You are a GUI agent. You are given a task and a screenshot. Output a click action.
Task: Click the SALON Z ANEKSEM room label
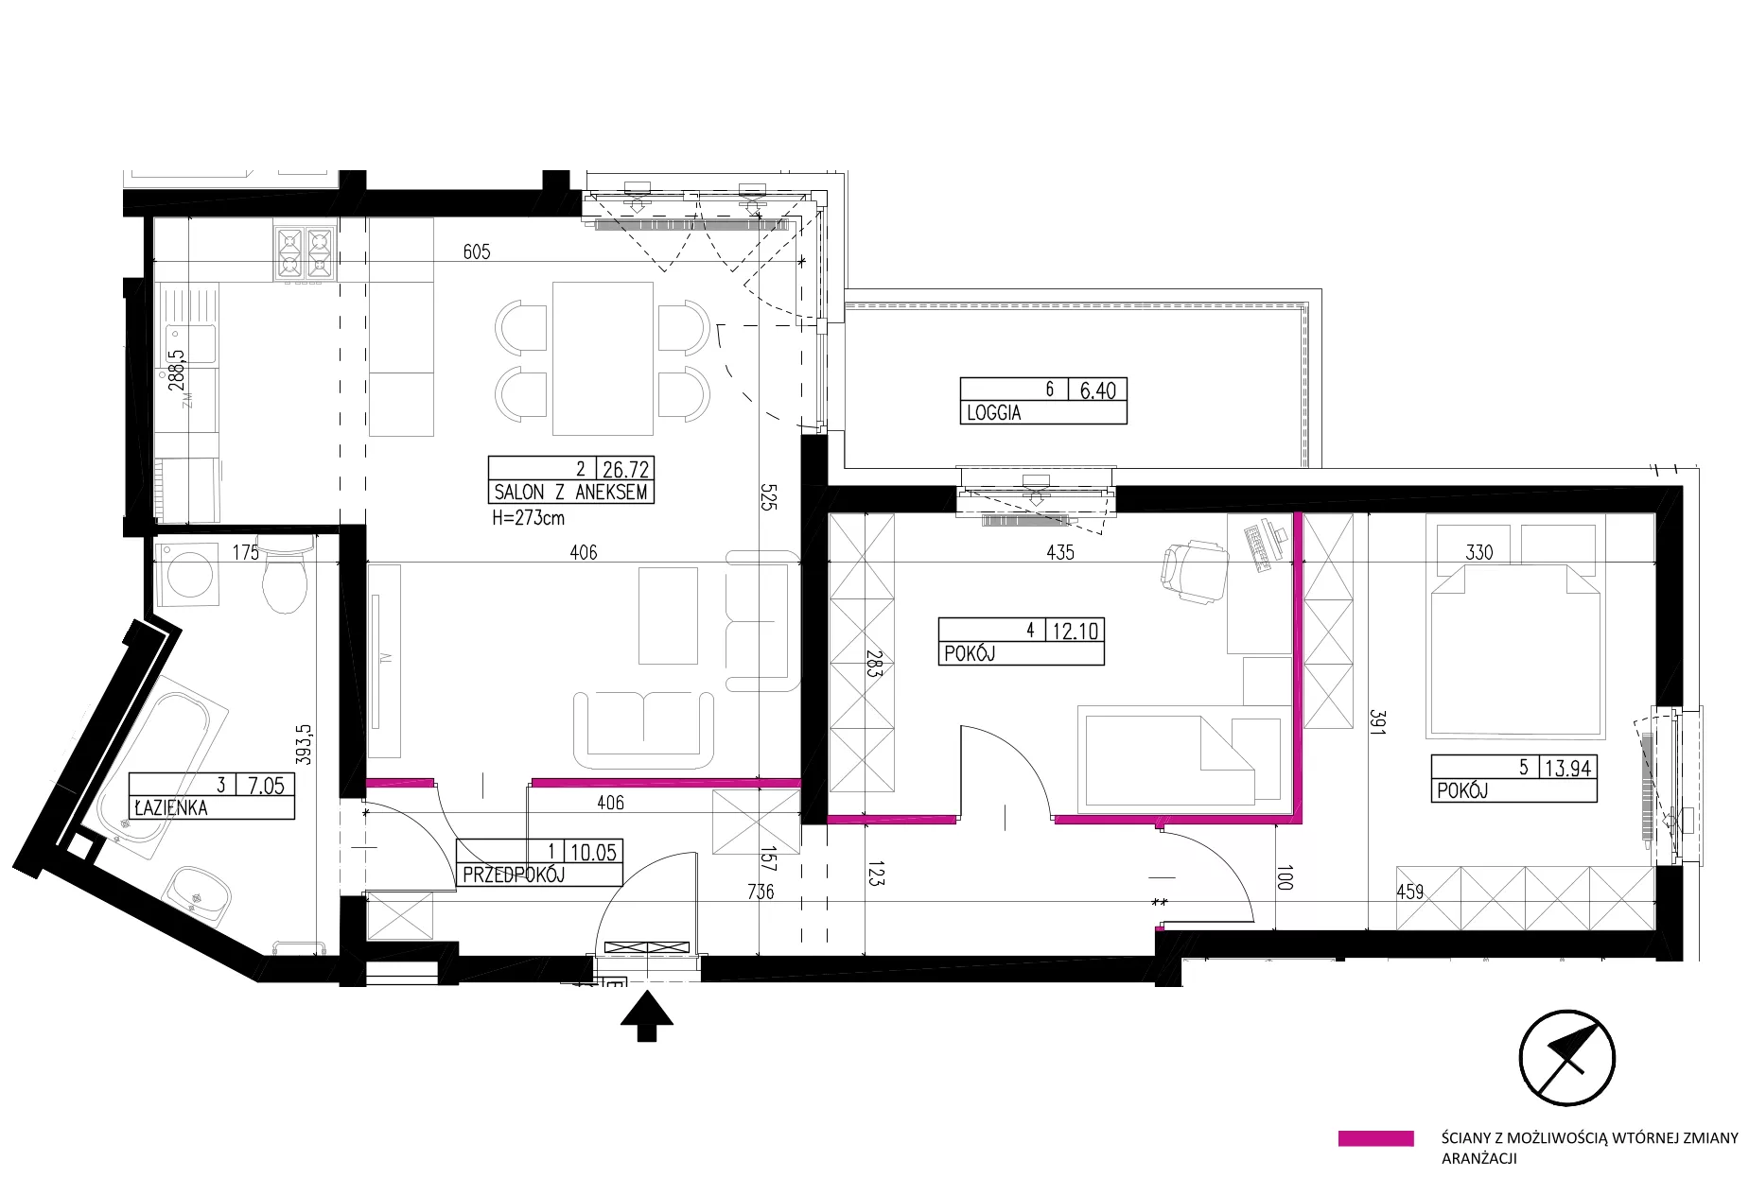[570, 492]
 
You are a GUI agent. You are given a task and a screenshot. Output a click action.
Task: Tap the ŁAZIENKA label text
[170, 808]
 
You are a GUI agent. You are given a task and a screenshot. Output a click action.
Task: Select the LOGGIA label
[993, 413]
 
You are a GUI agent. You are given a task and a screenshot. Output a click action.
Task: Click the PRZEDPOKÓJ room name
[513, 875]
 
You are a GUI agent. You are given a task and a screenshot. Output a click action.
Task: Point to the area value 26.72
[625, 469]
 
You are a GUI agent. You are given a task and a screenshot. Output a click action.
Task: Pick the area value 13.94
[1567, 768]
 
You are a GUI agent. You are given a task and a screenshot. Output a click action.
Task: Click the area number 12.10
[1076, 631]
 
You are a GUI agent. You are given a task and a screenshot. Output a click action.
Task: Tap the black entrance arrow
[647, 1016]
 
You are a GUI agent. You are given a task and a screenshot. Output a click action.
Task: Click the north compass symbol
[1566, 1058]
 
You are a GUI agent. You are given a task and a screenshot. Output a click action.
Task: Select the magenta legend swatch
[1375, 1138]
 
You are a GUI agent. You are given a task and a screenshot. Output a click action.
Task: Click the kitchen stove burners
[305, 253]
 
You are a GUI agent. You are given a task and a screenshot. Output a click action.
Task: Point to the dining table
[603, 357]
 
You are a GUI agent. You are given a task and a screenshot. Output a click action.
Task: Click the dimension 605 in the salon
[477, 251]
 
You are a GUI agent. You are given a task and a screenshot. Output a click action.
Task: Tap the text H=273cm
[528, 518]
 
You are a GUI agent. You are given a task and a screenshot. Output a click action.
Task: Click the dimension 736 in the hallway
[761, 891]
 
